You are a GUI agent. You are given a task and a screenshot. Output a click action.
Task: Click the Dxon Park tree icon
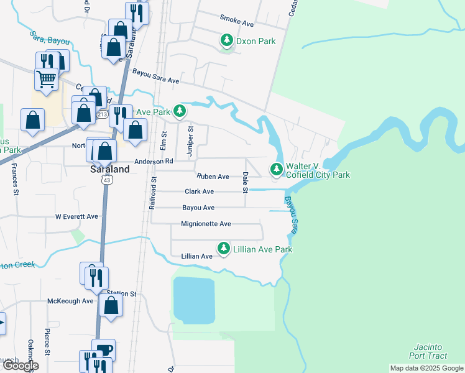point(227,41)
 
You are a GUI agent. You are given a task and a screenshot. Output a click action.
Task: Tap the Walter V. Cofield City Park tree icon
point(276,169)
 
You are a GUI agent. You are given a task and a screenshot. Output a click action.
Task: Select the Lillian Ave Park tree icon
point(223,249)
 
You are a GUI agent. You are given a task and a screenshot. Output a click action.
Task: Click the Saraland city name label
point(109,168)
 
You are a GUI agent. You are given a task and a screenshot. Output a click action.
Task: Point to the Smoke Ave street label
point(237,24)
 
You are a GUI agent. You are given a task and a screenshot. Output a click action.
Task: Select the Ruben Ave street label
point(213,177)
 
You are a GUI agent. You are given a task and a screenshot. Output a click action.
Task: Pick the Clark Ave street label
point(199,192)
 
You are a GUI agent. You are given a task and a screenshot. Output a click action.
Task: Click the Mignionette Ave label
point(206,224)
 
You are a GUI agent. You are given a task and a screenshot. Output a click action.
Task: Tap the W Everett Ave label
point(76,217)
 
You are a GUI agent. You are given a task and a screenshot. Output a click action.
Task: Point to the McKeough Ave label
point(70,301)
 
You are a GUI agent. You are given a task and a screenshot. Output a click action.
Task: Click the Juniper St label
point(191,142)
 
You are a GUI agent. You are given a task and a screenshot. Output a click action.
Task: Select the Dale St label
point(246,182)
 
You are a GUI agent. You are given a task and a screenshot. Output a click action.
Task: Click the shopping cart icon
point(46,79)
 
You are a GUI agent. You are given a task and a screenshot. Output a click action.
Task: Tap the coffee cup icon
point(103,349)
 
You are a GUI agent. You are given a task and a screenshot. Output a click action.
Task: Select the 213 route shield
point(103,114)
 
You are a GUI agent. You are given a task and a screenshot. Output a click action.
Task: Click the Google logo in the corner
point(21,366)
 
